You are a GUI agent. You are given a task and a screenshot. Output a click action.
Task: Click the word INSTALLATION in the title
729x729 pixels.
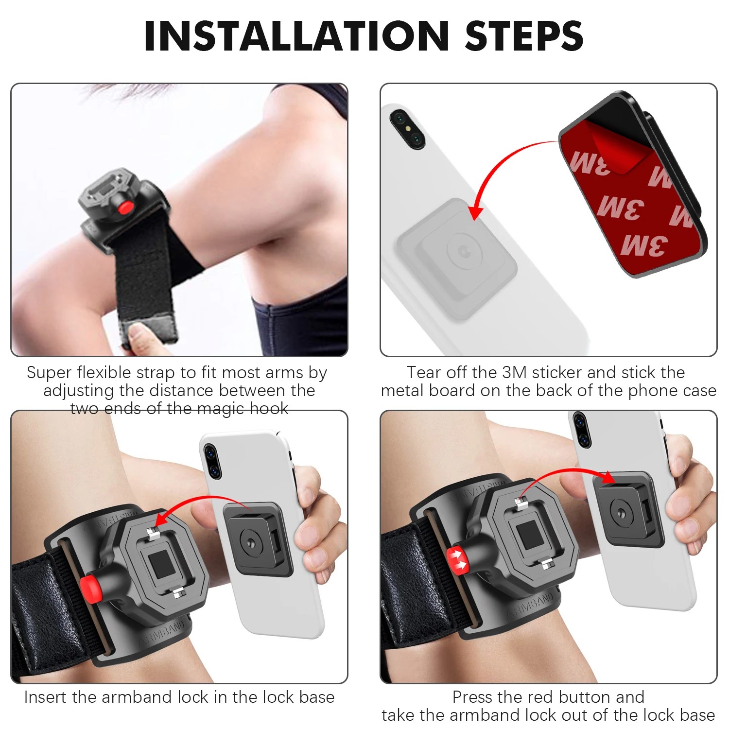pos(296,36)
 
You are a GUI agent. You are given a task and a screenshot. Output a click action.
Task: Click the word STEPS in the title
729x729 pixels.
pos(524,36)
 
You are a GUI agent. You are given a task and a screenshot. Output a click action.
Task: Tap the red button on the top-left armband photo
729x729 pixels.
pos(126,208)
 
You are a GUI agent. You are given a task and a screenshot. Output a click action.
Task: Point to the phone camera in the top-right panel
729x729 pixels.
pos(407,129)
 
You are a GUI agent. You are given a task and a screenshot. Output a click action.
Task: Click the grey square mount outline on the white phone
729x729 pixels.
pos(457,258)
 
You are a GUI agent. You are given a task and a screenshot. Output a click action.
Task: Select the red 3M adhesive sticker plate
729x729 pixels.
pos(632,194)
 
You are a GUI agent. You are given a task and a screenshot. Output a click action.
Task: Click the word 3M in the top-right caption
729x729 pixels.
pos(514,373)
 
